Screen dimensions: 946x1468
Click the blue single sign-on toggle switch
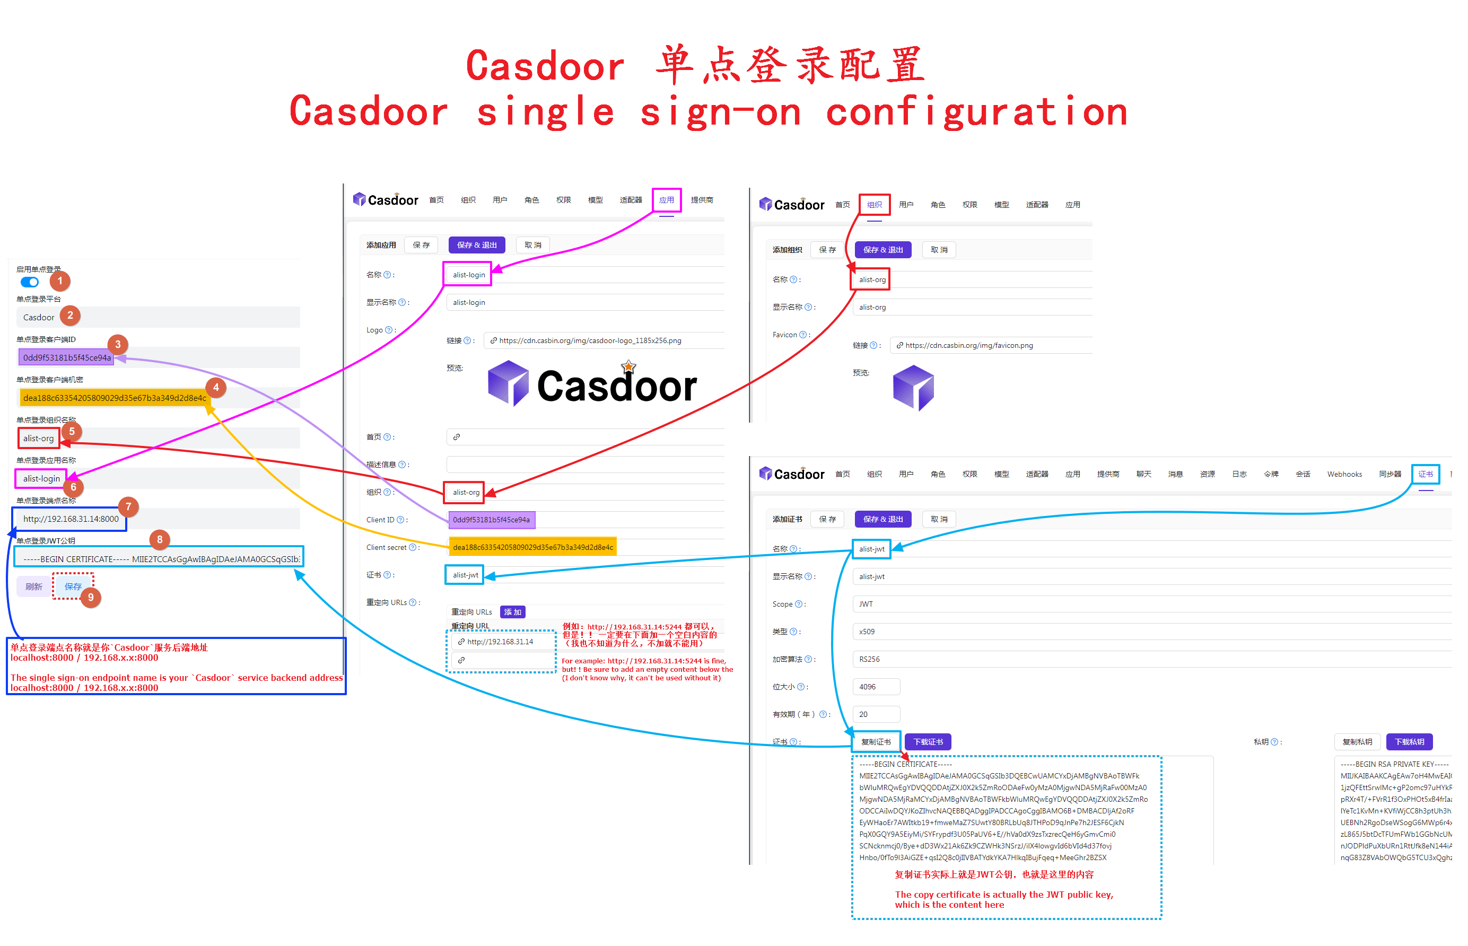(30, 282)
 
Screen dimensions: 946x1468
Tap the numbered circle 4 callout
(216, 388)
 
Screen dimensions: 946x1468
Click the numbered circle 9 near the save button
(91, 597)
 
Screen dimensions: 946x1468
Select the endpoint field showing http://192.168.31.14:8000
(71, 519)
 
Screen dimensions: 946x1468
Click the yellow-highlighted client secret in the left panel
(114, 398)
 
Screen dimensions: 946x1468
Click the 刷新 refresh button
(34, 586)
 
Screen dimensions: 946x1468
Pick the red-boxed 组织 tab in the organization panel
(874, 205)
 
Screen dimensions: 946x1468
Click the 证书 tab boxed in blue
(1425, 474)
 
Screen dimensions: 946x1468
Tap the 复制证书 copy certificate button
(876, 742)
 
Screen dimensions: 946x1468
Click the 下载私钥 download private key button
(1409, 742)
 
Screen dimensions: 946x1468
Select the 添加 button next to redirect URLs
(512, 612)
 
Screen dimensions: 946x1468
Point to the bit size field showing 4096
(875, 687)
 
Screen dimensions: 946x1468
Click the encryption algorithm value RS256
(869, 659)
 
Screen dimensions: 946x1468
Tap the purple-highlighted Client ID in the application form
(492, 520)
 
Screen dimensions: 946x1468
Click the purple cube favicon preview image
(913, 388)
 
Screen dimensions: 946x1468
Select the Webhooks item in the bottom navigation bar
(1344, 474)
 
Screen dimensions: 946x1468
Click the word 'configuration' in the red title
(976, 112)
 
